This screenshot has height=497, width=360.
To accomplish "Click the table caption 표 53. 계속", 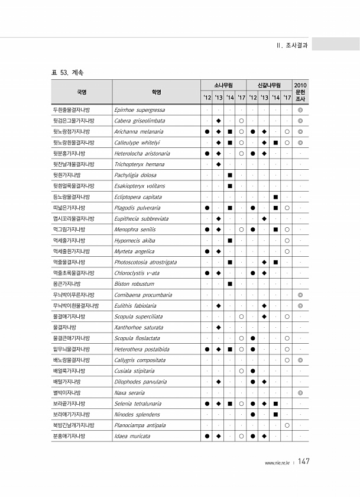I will pos(68,72).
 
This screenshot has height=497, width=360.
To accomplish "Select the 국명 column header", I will pos(82,92).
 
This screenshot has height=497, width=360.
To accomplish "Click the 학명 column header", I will pos(156,92).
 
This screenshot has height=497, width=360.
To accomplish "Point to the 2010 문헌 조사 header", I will pos(300,92).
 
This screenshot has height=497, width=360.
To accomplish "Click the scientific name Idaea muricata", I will pos(132,436).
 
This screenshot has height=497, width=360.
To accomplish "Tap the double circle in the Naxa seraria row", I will pos(300,392).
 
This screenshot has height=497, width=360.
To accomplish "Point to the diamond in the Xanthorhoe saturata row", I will pos(218,327).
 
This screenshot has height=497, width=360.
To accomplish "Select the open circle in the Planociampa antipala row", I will pos(286,425).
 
